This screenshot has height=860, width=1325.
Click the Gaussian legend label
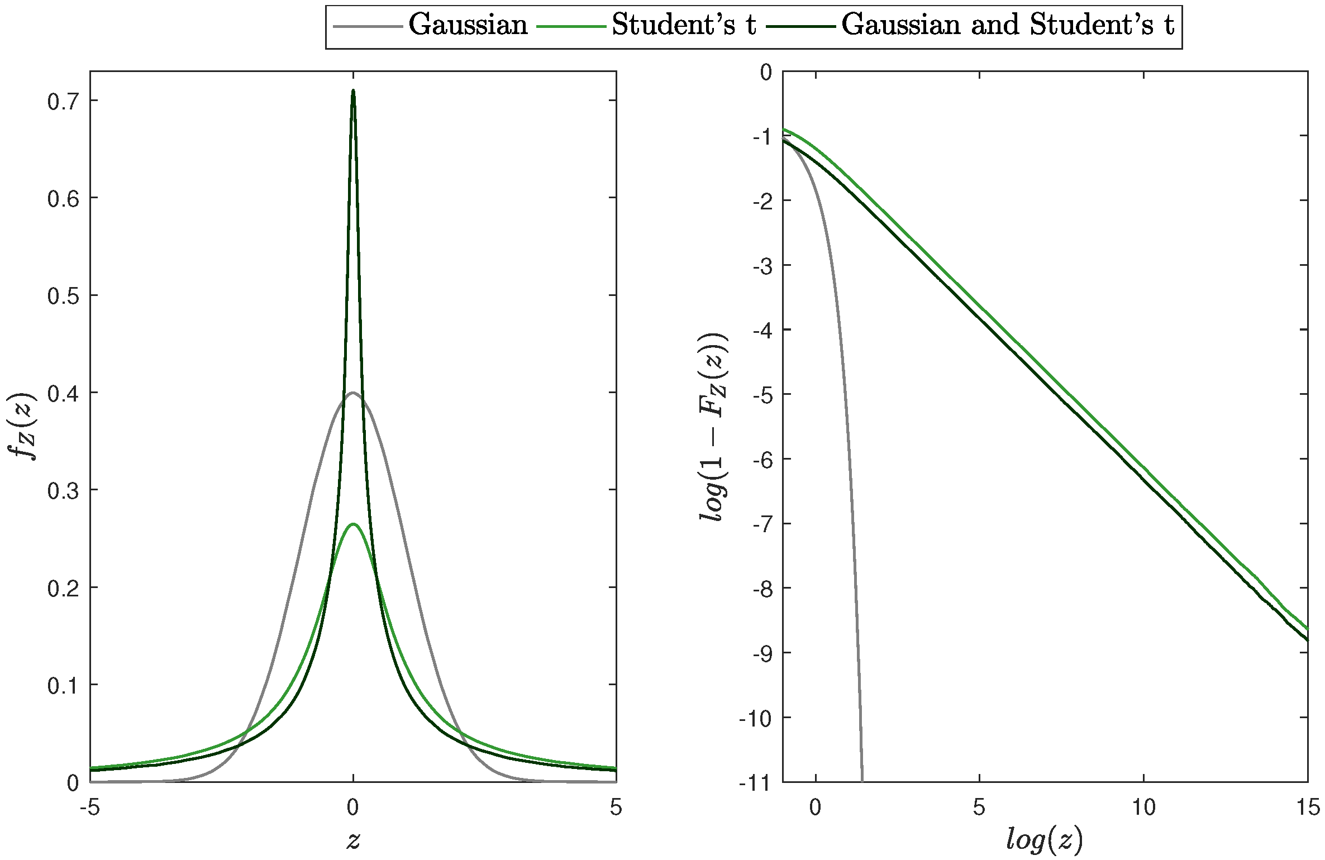(x=468, y=25)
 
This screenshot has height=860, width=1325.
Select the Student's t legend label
(x=684, y=25)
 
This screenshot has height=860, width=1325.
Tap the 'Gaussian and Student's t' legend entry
(x=1008, y=25)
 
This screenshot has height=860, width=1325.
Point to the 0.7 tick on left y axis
(x=62, y=101)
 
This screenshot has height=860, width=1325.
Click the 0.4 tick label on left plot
(x=62, y=393)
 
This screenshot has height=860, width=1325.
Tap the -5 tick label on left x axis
(x=90, y=808)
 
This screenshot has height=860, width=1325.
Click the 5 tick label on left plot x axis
(x=616, y=808)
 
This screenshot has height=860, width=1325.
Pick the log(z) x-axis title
(x=1045, y=839)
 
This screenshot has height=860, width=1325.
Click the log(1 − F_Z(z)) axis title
(x=713, y=427)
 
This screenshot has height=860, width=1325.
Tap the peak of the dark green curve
(x=352, y=91)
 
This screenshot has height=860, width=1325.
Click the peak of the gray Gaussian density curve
(x=352, y=393)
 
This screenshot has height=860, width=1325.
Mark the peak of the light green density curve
(x=352, y=524)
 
